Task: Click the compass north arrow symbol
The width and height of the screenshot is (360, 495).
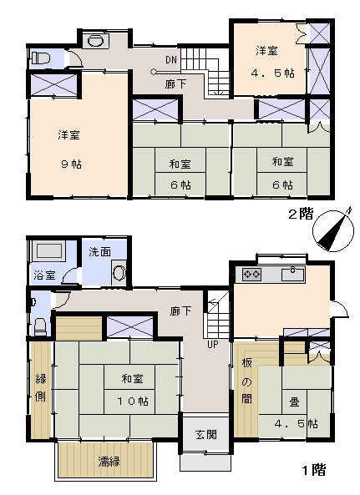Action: (x=333, y=230)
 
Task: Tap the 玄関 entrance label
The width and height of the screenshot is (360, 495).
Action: (x=206, y=435)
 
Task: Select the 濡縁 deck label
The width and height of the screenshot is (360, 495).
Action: (x=109, y=462)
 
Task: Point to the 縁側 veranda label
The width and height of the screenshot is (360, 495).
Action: (x=41, y=387)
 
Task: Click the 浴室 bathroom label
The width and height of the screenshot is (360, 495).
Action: (x=44, y=275)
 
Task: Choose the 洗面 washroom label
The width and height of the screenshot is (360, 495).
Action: (x=99, y=251)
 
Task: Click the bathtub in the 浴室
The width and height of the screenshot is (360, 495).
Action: (x=48, y=250)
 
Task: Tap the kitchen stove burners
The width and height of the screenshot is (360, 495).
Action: (x=251, y=274)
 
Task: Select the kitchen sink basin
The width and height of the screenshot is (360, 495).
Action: (x=292, y=274)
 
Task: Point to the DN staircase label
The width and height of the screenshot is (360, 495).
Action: (x=171, y=59)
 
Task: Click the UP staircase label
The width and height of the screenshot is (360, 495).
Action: (x=212, y=344)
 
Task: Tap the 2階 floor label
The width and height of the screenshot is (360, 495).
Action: (x=301, y=214)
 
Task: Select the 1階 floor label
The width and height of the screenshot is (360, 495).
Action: (x=314, y=470)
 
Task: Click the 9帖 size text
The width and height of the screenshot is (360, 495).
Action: (x=71, y=164)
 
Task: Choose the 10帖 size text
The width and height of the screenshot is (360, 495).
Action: (x=133, y=401)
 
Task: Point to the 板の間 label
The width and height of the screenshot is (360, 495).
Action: (x=247, y=381)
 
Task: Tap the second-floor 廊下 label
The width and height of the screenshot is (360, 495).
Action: (x=175, y=83)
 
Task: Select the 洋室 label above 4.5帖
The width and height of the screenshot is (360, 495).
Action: (x=266, y=51)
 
